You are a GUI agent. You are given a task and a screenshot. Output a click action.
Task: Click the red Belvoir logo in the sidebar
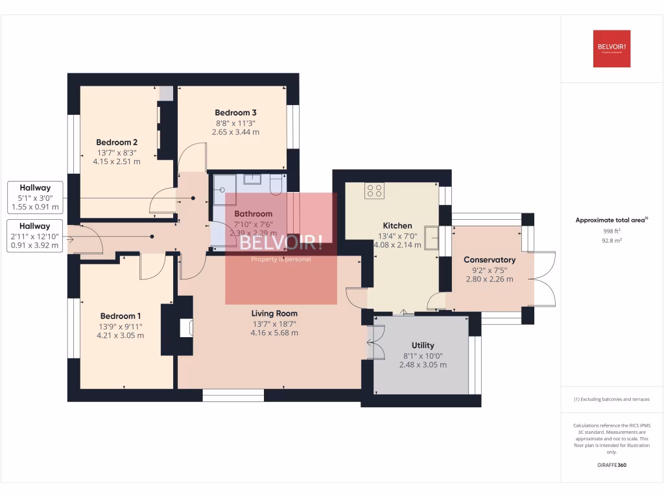coord(611,49)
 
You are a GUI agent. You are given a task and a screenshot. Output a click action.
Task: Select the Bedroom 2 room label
coord(117,142)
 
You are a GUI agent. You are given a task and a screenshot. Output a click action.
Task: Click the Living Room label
coord(275,313)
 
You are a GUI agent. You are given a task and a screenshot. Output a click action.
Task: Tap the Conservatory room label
coord(490,260)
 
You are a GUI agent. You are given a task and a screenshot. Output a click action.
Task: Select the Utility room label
coord(423,345)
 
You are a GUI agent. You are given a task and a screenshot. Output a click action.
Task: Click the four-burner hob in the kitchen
coord(374,191)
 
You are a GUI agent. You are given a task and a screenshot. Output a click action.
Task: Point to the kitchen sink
coord(431,237)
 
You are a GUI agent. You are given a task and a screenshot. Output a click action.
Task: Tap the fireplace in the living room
coord(186,327)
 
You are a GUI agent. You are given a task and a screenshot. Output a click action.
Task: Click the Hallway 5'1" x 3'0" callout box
coord(35,197)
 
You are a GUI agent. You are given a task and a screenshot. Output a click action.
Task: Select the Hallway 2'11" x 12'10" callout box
coord(35,235)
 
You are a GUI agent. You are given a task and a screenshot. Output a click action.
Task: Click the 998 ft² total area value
coord(611,231)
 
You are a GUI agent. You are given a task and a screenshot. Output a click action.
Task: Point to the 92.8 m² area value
coord(611,240)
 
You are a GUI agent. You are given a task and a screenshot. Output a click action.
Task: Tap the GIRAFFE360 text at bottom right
coord(611,465)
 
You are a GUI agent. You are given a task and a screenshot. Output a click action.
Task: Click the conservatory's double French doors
coord(543,279)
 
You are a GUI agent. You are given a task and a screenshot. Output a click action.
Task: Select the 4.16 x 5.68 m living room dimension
coord(275,333)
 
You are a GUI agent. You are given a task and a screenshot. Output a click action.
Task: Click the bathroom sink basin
coord(252,179)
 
